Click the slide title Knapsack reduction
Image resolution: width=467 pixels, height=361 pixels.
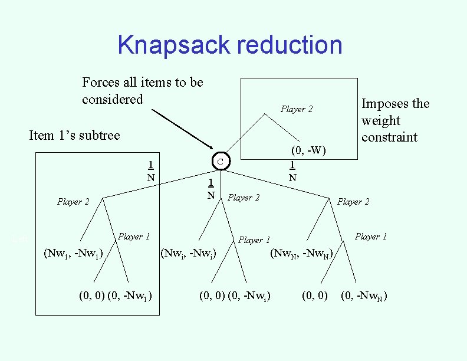(x=230, y=45)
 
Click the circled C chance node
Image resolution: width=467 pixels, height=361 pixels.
(x=219, y=161)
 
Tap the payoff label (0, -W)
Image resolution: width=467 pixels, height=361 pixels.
(x=308, y=149)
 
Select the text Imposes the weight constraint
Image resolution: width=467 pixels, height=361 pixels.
(x=396, y=120)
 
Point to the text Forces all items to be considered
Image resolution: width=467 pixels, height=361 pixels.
(x=142, y=90)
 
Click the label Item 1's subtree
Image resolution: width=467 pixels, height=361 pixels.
(x=74, y=135)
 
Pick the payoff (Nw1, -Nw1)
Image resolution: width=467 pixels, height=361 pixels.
(x=74, y=254)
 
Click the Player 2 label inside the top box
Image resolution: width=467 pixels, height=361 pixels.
(x=297, y=109)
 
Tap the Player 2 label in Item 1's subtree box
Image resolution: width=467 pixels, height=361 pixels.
(x=73, y=202)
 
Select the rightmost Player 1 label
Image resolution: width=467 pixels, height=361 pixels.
(x=371, y=237)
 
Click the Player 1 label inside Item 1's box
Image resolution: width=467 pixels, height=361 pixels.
(x=134, y=237)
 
